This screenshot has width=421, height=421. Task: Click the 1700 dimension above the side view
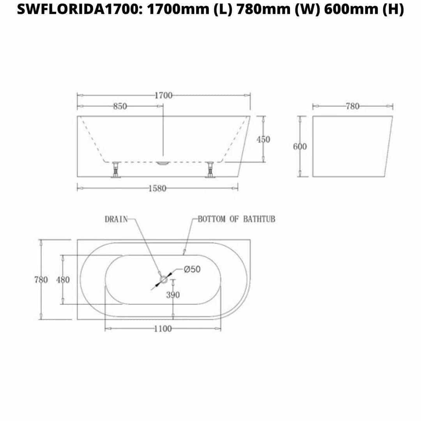coord(163,96)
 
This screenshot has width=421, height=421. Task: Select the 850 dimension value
coord(120,106)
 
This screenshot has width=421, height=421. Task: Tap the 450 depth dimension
coord(263,139)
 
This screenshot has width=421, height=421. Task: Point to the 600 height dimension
coord(300,147)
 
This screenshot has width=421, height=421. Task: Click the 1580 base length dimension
coord(157,189)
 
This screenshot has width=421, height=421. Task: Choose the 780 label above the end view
coord(352,106)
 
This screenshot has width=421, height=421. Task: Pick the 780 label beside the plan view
coord(41,280)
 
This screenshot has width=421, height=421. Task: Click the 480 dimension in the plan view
coord(63,280)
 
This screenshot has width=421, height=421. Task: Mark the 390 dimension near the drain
coord(173,295)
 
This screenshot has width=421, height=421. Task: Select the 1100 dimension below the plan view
coord(163,329)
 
